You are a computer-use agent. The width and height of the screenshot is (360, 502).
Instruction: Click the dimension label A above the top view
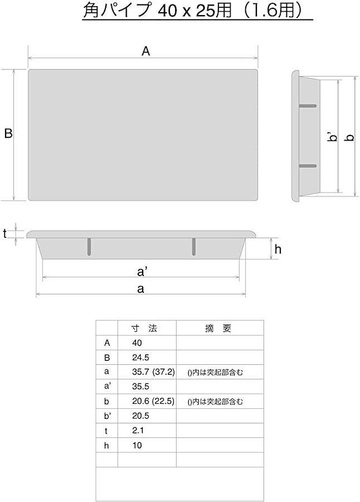(145, 51)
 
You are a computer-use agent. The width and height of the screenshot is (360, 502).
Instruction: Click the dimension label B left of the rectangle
(8, 133)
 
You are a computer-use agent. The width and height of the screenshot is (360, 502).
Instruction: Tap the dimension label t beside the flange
(5, 234)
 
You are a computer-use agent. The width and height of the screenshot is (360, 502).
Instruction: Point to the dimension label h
(278, 249)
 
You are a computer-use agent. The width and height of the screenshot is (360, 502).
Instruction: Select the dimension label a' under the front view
(142, 272)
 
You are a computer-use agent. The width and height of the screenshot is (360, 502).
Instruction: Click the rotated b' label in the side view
(333, 137)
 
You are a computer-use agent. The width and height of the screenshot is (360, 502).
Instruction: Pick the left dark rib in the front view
(89, 247)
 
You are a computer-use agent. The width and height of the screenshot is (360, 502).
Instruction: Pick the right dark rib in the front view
(194, 247)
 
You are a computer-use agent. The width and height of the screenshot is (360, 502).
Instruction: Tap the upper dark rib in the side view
(308, 106)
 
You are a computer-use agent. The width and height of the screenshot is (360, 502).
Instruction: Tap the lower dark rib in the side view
(308, 166)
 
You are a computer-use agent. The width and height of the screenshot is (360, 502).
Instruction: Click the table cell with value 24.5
(140, 358)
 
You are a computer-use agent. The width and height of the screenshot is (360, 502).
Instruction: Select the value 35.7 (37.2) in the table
(154, 372)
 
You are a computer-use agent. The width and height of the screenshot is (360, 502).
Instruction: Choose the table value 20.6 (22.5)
(153, 401)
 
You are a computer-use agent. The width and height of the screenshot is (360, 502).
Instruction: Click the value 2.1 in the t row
(138, 431)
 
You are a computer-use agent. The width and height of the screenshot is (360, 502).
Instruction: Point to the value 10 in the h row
(137, 445)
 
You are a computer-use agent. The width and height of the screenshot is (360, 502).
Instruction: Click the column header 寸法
(144, 328)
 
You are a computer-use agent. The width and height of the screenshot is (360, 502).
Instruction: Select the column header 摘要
(218, 328)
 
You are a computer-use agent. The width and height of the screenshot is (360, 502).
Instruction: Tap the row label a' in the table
(108, 387)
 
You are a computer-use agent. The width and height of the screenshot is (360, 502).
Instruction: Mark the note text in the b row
(215, 402)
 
